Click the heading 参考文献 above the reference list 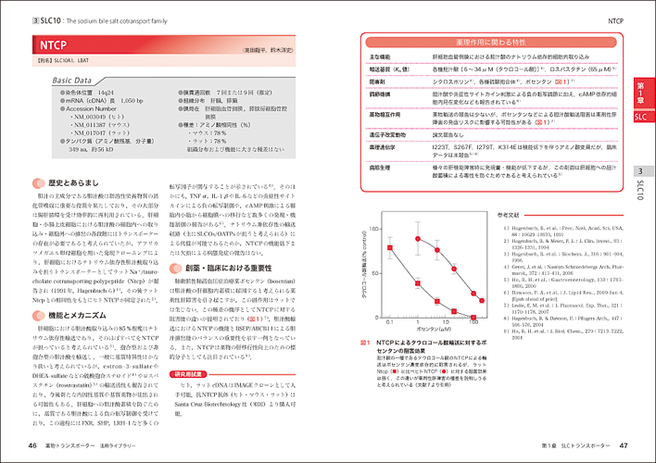511,215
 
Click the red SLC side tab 640,118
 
